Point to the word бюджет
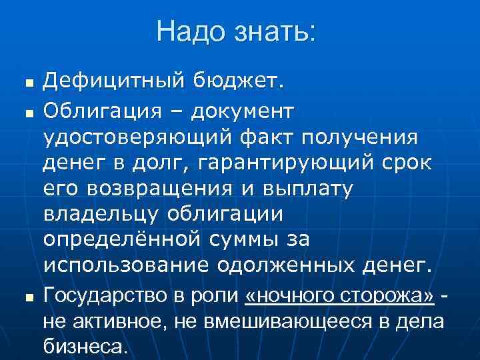pyautogui.click(x=238, y=83)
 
